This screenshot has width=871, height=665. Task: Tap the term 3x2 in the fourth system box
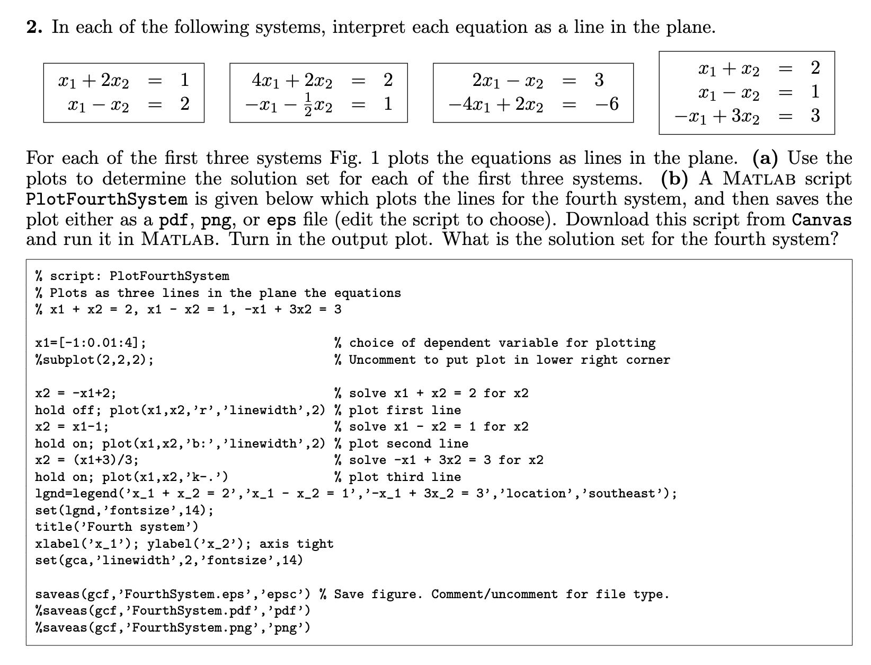pyautogui.click(x=744, y=116)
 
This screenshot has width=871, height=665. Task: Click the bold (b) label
pyautogui.click(x=675, y=179)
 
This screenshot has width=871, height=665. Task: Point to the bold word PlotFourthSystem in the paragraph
pyautogui.click(x=106, y=199)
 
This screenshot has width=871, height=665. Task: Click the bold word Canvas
pyautogui.click(x=822, y=220)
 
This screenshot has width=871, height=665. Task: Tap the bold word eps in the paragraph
pyautogui.click(x=281, y=220)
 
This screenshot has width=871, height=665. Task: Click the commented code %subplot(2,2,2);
pyautogui.click(x=95, y=360)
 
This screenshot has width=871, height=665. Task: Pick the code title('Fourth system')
pyautogui.click(x=117, y=527)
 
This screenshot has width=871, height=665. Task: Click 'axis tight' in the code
pyautogui.click(x=297, y=544)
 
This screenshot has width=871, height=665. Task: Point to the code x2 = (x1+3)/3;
pyautogui.click(x=87, y=460)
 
